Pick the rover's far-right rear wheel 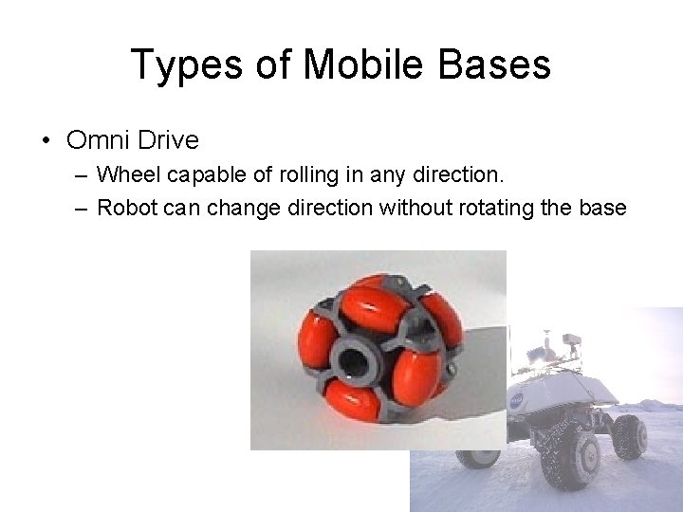point(630,434)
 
